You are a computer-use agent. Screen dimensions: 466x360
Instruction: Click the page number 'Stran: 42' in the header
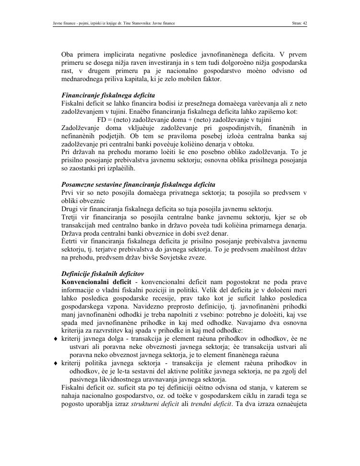pos(299,23)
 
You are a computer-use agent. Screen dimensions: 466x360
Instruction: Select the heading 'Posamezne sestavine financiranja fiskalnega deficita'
pos(138,185)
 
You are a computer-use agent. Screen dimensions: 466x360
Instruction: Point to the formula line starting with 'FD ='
pos(184,119)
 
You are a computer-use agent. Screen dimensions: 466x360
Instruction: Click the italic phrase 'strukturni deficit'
pos(154,404)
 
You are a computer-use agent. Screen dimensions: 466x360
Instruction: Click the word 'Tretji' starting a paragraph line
pos(71,217)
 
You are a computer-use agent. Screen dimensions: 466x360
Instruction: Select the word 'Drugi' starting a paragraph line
pos(71,209)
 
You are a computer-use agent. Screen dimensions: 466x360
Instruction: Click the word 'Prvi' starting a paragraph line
pos(69,193)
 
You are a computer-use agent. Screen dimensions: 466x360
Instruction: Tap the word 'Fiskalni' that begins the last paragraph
pos(74,387)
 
